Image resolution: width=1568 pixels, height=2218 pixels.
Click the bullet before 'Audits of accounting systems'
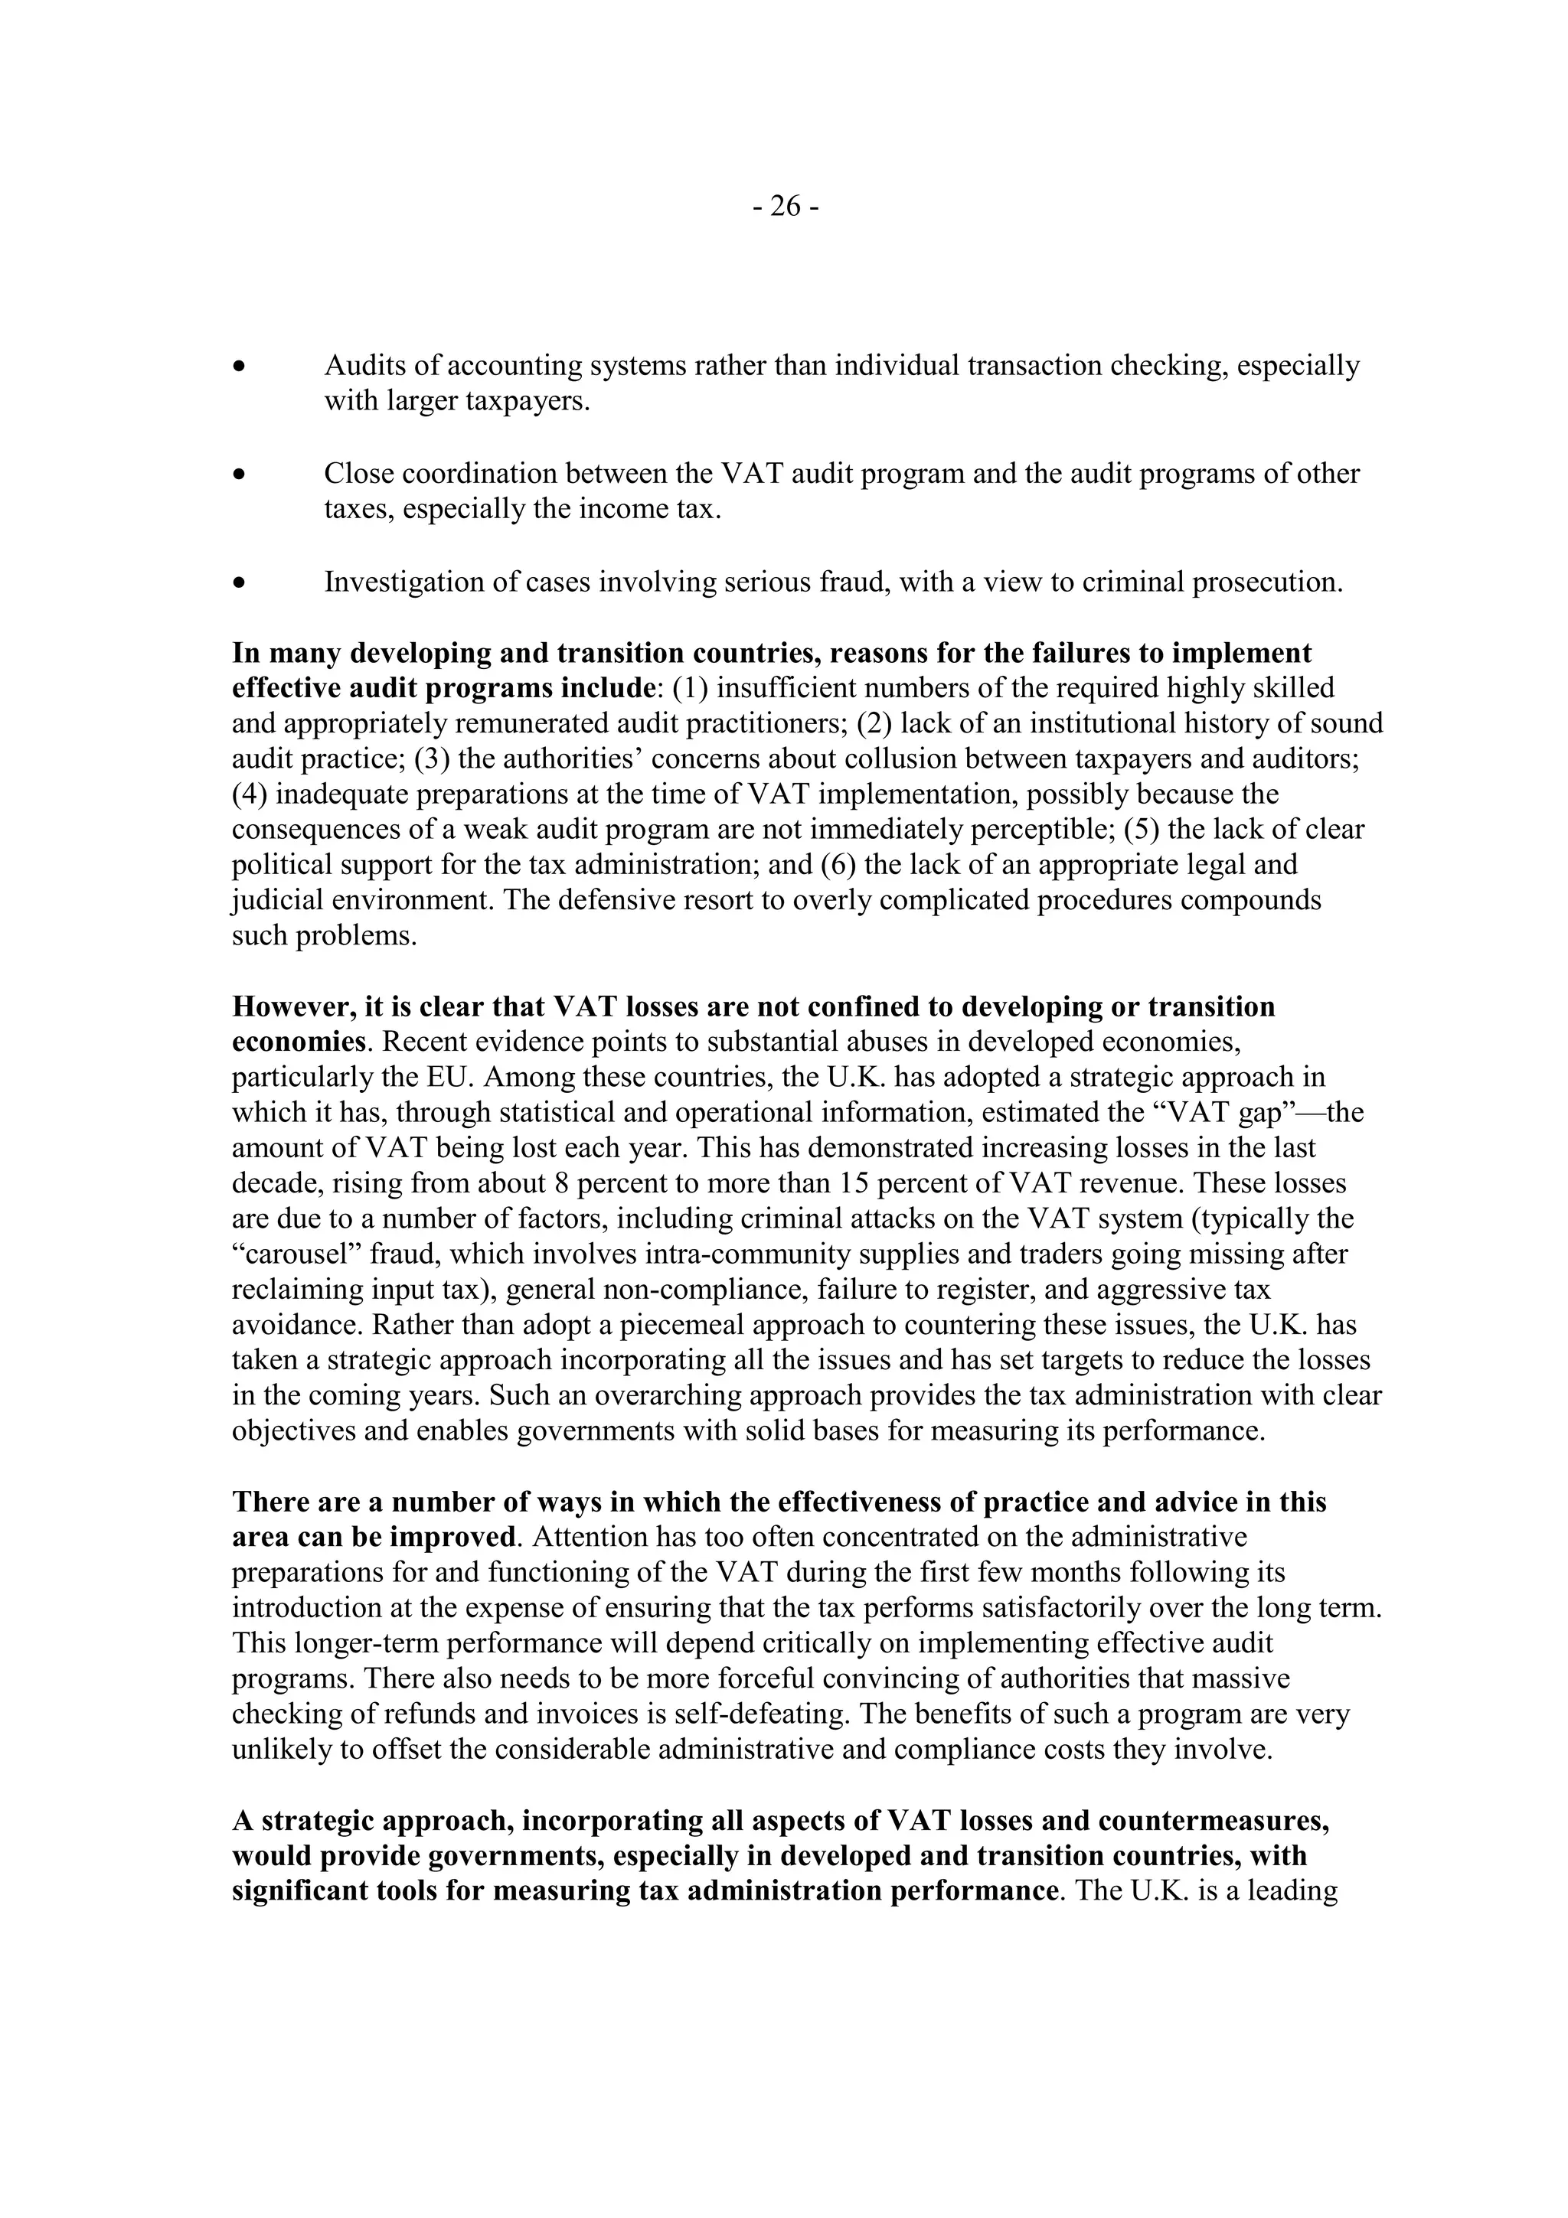239,367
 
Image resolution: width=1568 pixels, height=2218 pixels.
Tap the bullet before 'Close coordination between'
239,475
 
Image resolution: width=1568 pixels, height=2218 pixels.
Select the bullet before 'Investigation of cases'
239,583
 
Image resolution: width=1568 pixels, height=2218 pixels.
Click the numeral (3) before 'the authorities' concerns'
432,758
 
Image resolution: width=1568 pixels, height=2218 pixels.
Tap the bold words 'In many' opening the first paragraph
285,653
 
